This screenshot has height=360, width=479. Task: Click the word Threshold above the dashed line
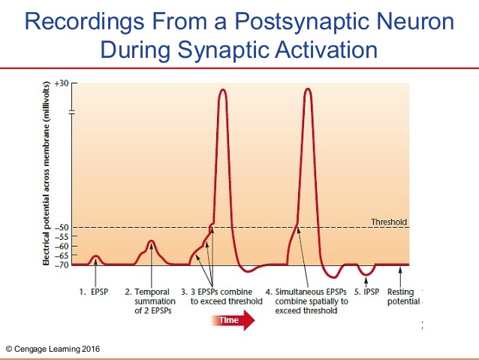pyautogui.click(x=389, y=222)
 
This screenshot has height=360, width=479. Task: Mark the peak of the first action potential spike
pyautogui.click(x=222, y=89)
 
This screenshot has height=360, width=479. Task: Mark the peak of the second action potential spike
pyautogui.click(x=308, y=89)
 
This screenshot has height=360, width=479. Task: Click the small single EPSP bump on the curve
pyautogui.click(x=95, y=257)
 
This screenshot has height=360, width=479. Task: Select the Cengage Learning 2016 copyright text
pyautogui.click(x=52, y=349)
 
